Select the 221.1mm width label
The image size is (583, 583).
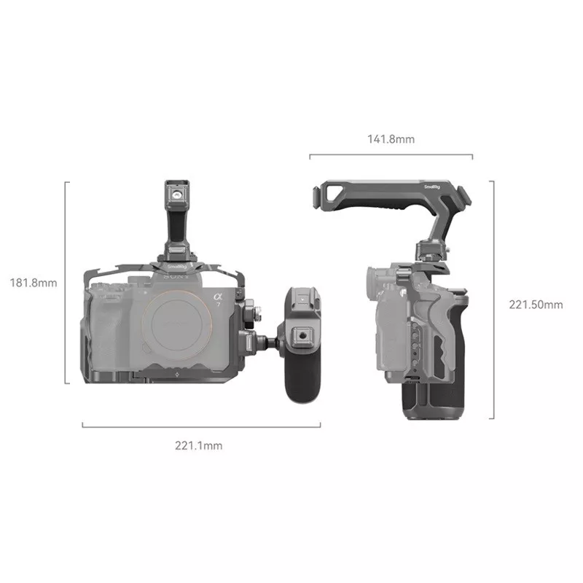[x=198, y=446]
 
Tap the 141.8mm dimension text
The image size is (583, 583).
[x=391, y=138]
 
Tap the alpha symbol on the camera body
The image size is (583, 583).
[x=217, y=297]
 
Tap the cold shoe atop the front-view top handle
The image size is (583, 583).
[x=176, y=192]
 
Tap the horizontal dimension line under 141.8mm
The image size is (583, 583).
[x=391, y=155]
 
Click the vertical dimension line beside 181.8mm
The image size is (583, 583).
[x=66, y=282]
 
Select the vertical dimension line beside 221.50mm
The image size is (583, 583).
[x=493, y=299]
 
